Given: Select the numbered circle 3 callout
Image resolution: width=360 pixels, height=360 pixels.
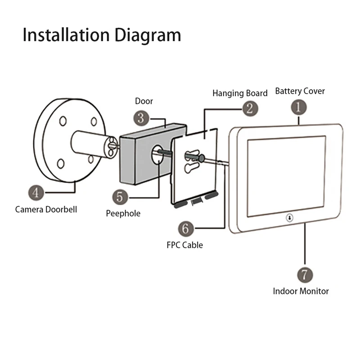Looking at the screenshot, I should click(x=141, y=118).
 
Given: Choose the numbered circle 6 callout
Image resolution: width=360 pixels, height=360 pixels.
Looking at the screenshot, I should click(x=186, y=228).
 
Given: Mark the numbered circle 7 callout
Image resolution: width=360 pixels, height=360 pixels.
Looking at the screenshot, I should click(x=305, y=274).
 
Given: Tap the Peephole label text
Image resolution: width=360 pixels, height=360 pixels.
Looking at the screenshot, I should click(x=123, y=213).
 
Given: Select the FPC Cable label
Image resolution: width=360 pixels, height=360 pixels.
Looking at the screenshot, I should click(x=184, y=245).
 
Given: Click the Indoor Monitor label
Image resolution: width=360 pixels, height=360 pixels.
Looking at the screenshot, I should click(x=301, y=291).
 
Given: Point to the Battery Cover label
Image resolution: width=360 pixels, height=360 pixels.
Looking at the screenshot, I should click(x=300, y=91).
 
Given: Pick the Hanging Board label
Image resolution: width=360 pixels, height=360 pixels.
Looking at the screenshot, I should click(x=240, y=93).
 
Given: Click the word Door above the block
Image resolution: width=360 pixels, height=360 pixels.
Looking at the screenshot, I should click(x=144, y=101).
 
